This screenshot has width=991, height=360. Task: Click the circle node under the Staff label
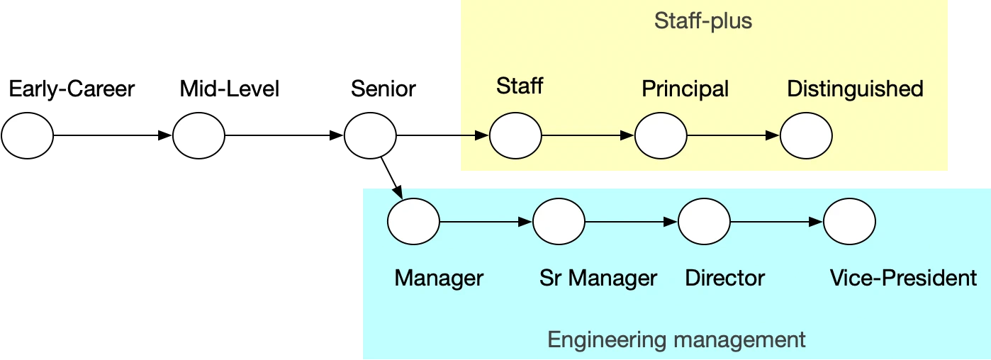pyautogui.click(x=515, y=135)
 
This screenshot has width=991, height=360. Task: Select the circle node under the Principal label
pyautogui.click(x=661, y=135)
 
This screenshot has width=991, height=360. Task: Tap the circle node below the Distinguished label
pyautogui.click(x=806, y=135)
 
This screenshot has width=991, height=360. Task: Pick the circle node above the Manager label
pyautogui.click(x=413, y=222)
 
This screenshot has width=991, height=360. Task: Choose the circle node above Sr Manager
pyautogui.click(x=559, y=222)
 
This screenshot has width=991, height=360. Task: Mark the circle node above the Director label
pyautogui.click(x=704, y=222)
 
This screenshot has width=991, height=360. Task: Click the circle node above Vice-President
pyautogui.click(x=849, y=222)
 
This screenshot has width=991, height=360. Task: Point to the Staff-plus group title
pyautogui.click(x=702, y=21)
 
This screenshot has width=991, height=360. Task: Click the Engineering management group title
pyautogui.click(x=676, y=339)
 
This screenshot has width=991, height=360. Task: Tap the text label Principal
pyautogui.click(x=685, y=89)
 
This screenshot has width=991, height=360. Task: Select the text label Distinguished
pyautogui.click(x=855, y=89)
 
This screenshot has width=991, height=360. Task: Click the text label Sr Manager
pyautogui.click(x=598, y=278)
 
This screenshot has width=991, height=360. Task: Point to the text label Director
pyautogui.click(x=724, y=278)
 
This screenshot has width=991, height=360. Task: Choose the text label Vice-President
pyautogui.click(x=903, y=278)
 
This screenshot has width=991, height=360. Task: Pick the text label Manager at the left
pyautogui.click(x=439, y=278)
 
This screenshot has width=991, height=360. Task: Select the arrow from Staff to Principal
pyautogui.click(x=588, y=135)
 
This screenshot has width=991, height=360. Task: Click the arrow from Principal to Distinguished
pyautogui.click(x=733, y=135)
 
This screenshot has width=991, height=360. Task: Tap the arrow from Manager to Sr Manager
pyautogui.click(x=486, y=222)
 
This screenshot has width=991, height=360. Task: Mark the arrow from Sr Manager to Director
pyautogui.click(x=631, y=222)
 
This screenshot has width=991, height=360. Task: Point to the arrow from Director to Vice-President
pyautogui.click(x=776, y=222)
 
